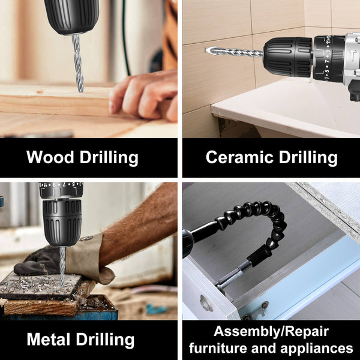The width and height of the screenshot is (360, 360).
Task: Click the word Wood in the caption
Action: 51,158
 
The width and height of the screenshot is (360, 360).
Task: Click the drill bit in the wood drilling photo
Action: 77,63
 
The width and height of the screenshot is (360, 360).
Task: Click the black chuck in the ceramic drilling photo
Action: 288,57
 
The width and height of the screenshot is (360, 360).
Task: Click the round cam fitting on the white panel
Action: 206,303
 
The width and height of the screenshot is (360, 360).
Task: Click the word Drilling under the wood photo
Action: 110,158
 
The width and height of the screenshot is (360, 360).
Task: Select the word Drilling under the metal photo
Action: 106,339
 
